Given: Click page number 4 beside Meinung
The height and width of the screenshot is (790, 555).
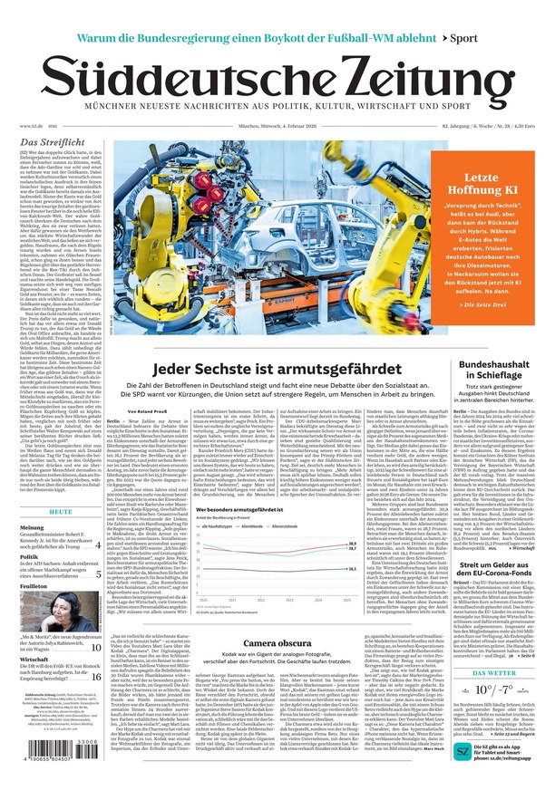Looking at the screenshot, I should pyautogui.click(x=98, y=545).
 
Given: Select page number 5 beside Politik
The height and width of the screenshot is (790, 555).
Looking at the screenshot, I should pyautogui.click(x=98, y=573).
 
